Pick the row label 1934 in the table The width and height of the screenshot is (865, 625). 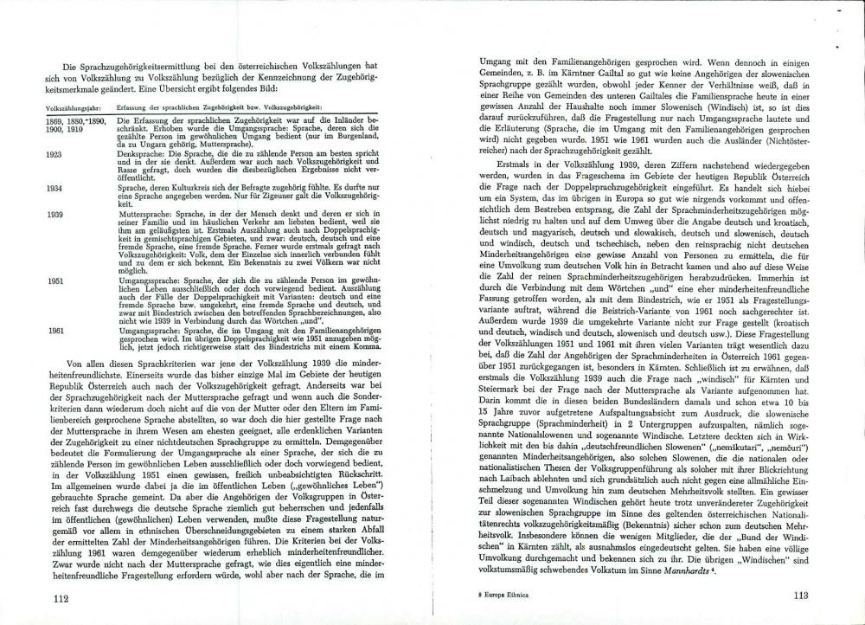[x=54, y=187]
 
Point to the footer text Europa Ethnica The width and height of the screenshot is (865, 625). [x=507, y=596]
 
